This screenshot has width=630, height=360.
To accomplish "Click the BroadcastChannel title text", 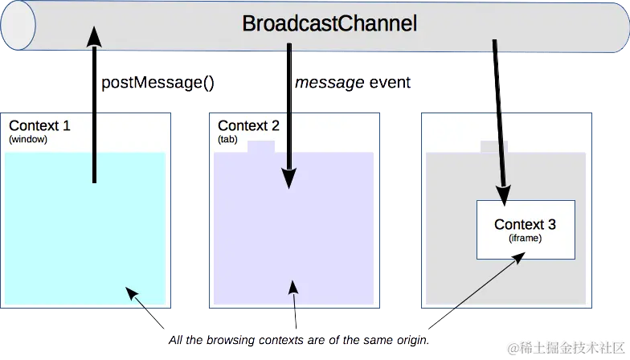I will (329, 24).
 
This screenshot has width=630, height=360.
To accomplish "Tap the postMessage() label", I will (157, 84).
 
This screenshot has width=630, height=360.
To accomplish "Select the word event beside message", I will (389, 84).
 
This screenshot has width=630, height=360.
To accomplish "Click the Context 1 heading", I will (39, 125).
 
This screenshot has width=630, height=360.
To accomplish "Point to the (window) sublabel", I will (28, 139).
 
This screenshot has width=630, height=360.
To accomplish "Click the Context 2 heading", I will (248, 125).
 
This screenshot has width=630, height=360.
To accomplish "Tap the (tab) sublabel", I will (227, 139).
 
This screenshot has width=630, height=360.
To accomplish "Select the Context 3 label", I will (525, 224).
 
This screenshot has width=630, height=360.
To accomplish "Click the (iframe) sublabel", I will (525, 238).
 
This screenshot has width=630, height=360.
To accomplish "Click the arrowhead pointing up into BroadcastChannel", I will (94, 35).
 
